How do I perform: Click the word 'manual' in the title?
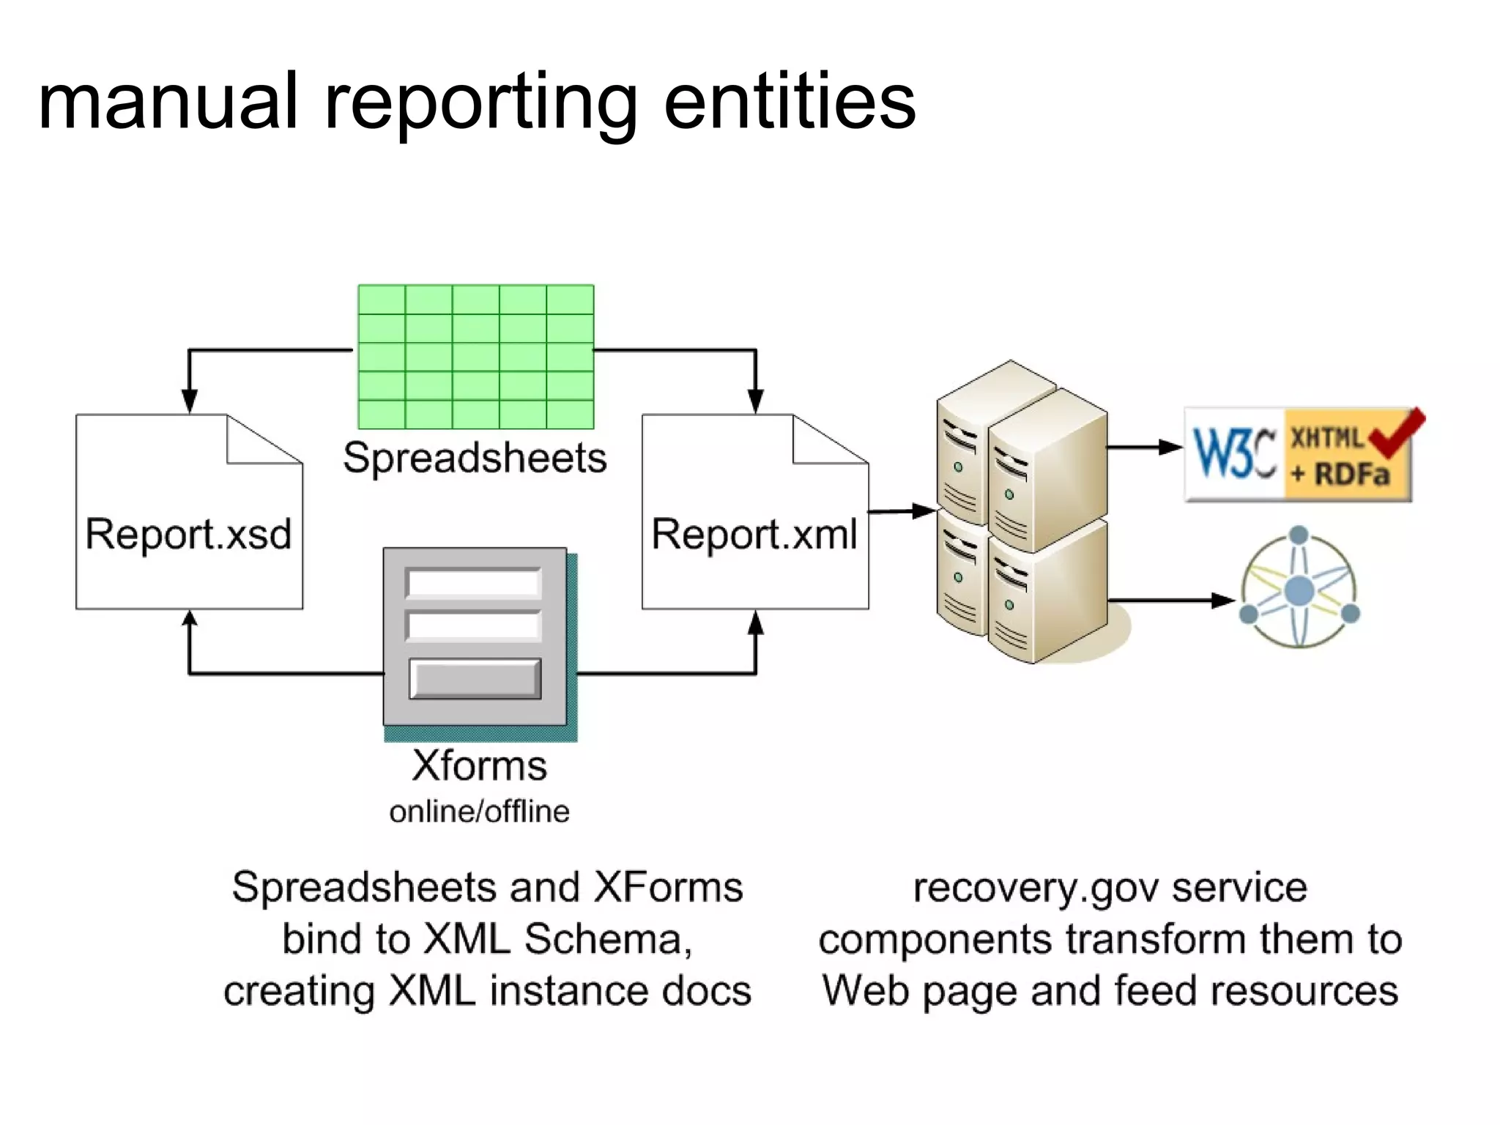[x=168, y=103]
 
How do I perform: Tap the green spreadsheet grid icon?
[x=475, y=357]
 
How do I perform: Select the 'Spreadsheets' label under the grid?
[x=475, y=458]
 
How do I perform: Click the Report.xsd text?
[x=188, y=534]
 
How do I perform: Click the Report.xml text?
[x=754, y=534]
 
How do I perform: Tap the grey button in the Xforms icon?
[x=475, y=679]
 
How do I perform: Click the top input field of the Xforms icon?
[x=474, y=584]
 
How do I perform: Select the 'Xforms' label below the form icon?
[x=479, y=766]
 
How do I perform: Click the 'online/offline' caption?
[x=479, y=812]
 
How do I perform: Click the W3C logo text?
[x=1235, y=454]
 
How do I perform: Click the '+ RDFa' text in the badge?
[x=1340, y=475]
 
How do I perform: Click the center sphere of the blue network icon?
[x=1299, y=590]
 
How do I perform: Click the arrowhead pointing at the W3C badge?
[x=1170, y=447]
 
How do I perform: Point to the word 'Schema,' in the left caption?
[x=608, y=940]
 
